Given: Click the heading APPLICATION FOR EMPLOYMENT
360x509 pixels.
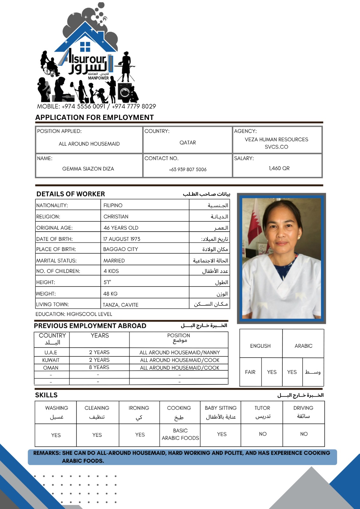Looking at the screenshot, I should (95, 117).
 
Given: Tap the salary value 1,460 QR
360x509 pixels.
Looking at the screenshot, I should (279, 168).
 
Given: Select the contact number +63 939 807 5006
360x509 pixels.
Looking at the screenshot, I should (187, 170).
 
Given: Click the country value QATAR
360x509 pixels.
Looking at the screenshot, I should (187, 143).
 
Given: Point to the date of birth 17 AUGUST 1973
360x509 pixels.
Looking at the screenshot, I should (122, 239).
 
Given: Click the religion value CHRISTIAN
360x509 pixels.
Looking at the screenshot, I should (116, 217).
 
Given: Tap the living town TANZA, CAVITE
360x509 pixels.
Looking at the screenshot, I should (120, 305).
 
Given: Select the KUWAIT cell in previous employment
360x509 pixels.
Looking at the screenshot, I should (51, 360).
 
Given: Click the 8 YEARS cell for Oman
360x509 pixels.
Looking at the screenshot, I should (99, 367).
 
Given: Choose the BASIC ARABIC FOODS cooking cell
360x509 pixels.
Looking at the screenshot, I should (180, 434).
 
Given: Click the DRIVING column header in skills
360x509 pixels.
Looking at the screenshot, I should (303, 408).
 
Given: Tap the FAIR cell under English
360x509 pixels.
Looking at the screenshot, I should (250, 372).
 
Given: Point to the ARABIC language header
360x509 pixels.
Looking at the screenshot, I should (303, 346).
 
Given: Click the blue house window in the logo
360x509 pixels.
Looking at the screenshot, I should (85, 46).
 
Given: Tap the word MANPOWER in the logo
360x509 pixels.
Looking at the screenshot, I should (98, 78).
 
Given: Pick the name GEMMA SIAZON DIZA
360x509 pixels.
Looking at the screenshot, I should (88, 169).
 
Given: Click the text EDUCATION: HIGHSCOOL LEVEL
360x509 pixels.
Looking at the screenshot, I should (74, 314).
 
